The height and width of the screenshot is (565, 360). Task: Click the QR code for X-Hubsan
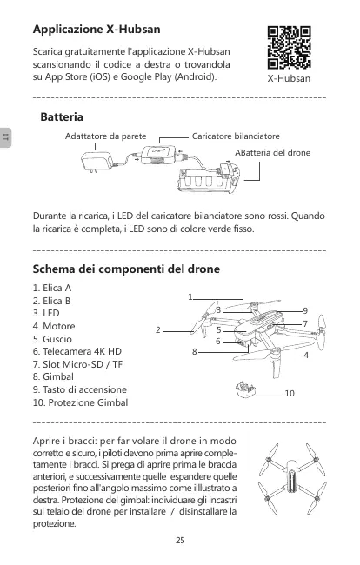click(289, 47)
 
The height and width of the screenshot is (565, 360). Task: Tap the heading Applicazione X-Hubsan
click(97, 29)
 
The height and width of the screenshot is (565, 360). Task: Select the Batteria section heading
click(62, 116)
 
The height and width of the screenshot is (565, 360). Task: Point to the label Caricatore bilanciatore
click(236, 136)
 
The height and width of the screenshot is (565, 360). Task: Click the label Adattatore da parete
click(105, 136)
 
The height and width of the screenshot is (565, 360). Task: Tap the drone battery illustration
click(209, 177)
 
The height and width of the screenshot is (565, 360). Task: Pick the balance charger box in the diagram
click(158, 155)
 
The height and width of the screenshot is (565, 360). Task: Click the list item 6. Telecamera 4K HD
click(77, 351)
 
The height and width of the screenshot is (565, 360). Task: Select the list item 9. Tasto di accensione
click(80, 389)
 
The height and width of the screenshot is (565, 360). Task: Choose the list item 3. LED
click(46, 313)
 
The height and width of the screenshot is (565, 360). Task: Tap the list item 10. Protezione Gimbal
click(80, 402)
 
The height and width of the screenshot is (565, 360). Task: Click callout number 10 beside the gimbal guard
click(290, 393)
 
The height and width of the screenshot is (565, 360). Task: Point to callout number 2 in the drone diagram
click(158, 330)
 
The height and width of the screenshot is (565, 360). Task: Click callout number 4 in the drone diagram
click(306, 356)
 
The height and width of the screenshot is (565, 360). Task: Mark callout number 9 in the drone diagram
click(305, 310)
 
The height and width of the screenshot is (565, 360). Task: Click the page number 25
click(180, 540)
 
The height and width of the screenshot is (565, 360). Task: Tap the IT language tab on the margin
click(5, 137)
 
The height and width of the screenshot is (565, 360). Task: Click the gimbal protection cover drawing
click(245, 389)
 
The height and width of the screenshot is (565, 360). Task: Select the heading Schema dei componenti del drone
click(126, 269)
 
